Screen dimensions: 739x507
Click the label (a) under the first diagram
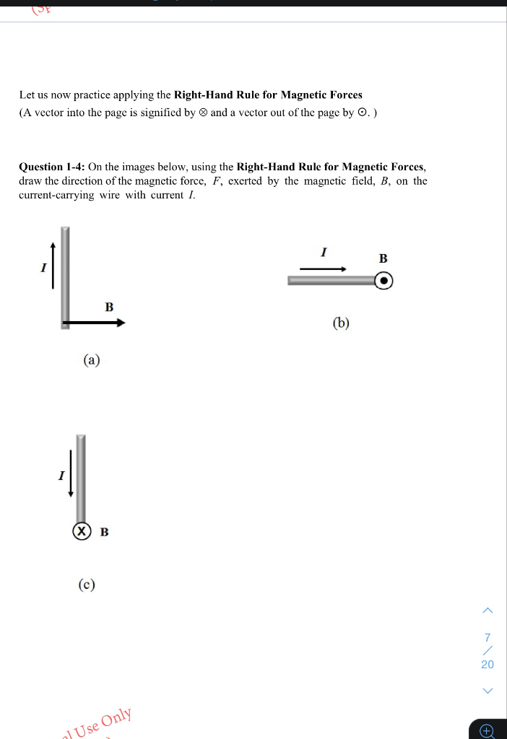(91, 359)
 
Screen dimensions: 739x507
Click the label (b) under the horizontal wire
(341, 323)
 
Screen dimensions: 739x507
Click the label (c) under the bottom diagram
(87, 584)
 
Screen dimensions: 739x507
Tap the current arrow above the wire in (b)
(323, 269)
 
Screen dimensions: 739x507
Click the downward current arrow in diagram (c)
(70, 473)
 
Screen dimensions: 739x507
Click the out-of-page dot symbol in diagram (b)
(384, 281)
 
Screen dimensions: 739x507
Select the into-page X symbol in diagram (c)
(82, 531)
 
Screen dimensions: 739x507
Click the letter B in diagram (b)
(383, 258)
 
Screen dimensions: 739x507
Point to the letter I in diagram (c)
(61, 476)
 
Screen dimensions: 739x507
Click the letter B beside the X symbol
(104, 533)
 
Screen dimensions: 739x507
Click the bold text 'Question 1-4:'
(52, 167)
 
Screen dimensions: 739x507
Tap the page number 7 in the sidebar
(487, 637)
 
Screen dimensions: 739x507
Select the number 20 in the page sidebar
(487, 664)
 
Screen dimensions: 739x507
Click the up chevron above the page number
(487, 611)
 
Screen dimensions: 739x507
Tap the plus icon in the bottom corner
(487, 731)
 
